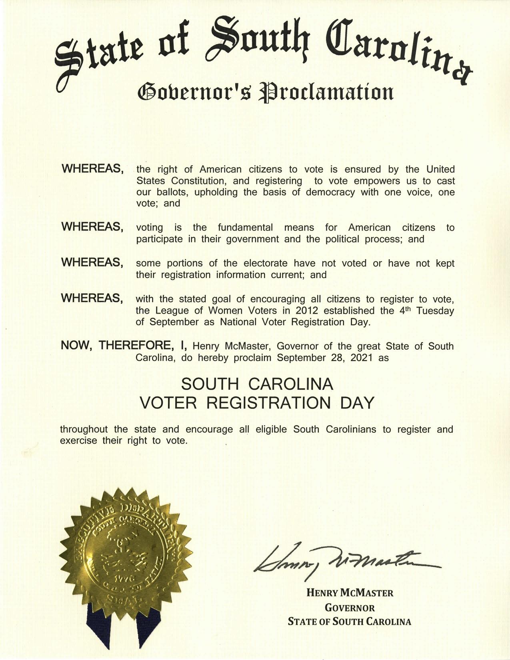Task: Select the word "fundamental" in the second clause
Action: [x=245, y=228]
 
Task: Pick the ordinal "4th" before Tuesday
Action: [x=406, y=310]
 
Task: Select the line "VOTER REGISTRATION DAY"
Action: [x=256, y=403]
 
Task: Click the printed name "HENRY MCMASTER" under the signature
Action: [x=350, y=592]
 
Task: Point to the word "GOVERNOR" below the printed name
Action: [x=350, y=608]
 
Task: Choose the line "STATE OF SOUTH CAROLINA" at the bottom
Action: [x=350, y=622]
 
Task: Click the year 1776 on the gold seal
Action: [x=120, y=578]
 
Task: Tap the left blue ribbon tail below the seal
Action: [x=98, y=626]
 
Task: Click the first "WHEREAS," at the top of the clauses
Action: [x=92, y=169]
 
